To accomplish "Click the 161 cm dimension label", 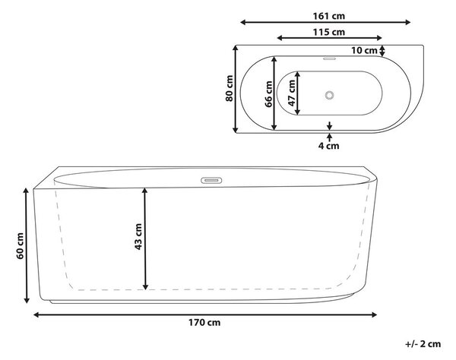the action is click(x=329, y=16).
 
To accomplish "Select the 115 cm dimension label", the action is click(x=329, y=32).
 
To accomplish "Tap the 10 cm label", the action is click(x=364, y=50).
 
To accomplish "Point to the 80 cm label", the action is click(x=230, y=88).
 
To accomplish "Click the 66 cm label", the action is click(x=268, y=94).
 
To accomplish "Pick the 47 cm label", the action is click(x=291, y=93).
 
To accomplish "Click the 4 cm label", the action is click(x=328, y=146).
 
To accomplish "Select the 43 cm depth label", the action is click(x=138, y=236).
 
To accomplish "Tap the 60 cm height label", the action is click(x=20, y=246).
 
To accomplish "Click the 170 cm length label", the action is click(x=204, y=323).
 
